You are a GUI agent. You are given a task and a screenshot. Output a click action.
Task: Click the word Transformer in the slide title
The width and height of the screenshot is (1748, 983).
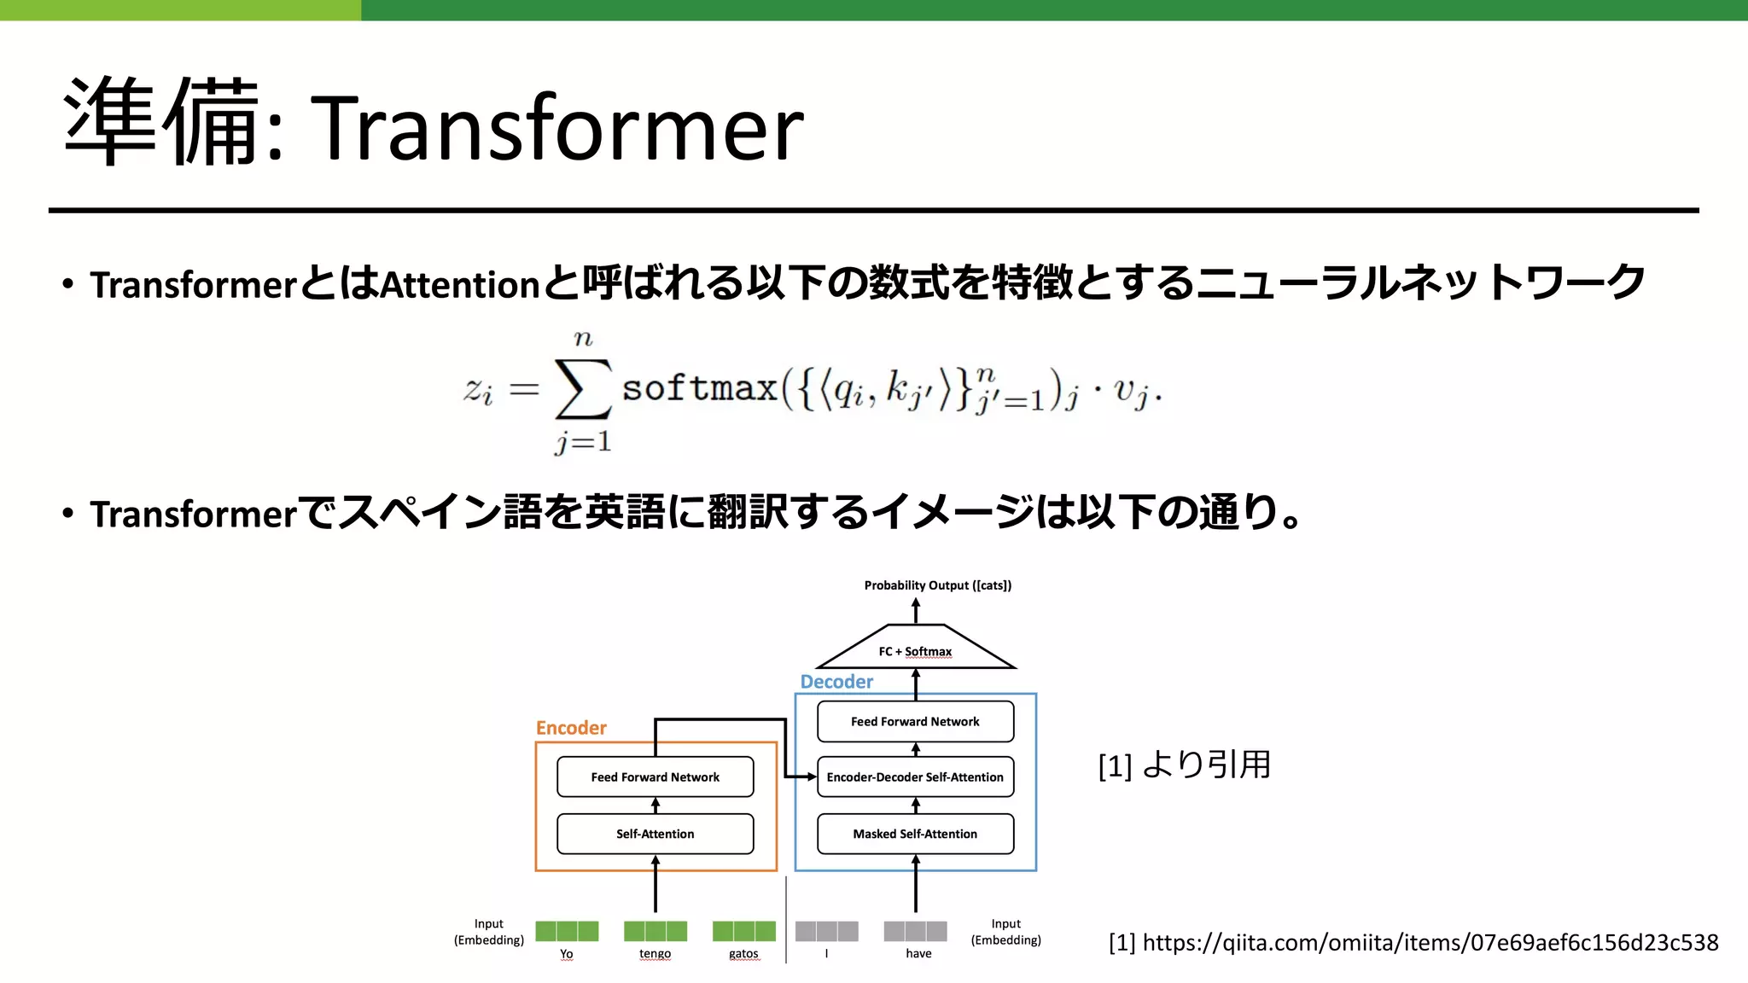click(560, 128)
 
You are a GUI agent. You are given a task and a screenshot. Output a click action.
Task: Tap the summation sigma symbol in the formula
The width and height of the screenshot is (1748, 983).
click(583, 389)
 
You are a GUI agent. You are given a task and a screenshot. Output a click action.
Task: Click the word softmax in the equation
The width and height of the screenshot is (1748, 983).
click(699, 388)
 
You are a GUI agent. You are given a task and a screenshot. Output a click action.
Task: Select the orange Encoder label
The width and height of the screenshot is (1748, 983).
click(571, 728)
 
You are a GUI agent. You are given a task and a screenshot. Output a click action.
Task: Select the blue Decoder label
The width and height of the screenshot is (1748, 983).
click(836, 682)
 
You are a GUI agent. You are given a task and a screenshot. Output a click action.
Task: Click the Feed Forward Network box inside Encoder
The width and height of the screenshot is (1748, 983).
click(655, 777)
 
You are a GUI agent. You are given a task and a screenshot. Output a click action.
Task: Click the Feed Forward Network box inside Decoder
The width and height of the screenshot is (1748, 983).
click(915, 721)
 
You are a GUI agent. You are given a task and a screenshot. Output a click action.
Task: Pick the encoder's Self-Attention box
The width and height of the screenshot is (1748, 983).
click(655, 834)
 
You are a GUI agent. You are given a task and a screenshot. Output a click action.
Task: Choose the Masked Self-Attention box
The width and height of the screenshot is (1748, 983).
click(915, 834)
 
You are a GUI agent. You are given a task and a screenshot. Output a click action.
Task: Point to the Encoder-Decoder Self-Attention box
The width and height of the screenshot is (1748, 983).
click(915, 777)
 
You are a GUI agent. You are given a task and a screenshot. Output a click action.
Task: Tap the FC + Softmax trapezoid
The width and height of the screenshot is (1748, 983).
click(915, 650)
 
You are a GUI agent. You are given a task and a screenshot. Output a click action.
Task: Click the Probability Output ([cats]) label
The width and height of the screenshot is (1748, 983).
click(937, 585)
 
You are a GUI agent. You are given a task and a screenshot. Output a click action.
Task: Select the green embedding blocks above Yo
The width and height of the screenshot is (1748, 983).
click(567, 931)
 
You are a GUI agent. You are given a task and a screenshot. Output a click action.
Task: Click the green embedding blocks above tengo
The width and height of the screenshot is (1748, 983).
click(655, 931)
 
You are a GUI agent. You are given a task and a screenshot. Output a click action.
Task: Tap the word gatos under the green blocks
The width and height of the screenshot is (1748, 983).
click(743, 954)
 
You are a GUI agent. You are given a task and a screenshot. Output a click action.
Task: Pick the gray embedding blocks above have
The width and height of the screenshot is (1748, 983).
click(915, 931)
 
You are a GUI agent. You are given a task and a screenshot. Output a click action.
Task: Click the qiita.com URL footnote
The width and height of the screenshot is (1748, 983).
click(1413, 942)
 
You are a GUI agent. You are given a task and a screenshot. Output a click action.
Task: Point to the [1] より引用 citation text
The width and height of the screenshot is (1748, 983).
click(1185, 765)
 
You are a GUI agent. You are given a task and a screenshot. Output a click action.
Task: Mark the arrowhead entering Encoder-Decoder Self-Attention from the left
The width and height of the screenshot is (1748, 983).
click(812, 777)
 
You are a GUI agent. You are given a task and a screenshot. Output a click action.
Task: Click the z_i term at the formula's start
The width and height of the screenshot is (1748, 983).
click(478, 390)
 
